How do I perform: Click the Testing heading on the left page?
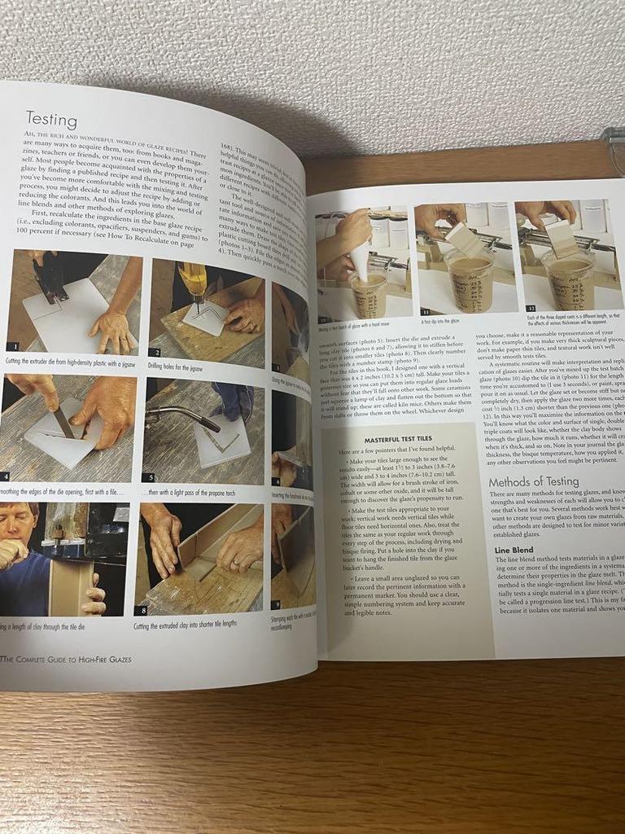click(x=50, y=120)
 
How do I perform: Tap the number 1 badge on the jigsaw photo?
click(x=12, y=346)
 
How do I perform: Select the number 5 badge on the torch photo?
click(x=148, y=477)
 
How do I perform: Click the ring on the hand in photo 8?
click(x=235, y=562)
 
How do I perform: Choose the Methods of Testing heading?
click(x=533, y=481)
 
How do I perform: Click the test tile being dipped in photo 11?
click(x=463, y=239)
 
